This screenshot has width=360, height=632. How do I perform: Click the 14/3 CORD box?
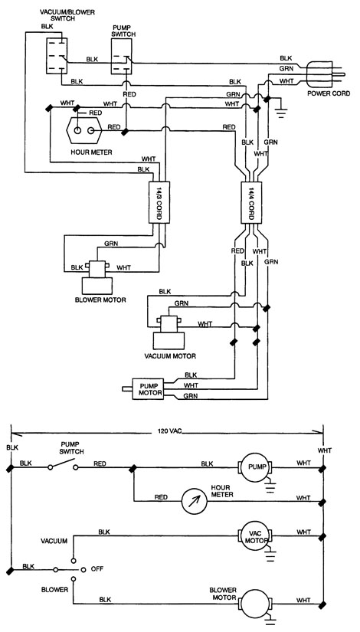[x=159, y=202]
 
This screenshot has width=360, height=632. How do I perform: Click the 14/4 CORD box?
[x=251, y=202]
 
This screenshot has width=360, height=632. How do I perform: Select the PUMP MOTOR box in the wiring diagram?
[x=148, y=388]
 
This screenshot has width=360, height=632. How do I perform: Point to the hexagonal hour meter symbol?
[x=83, y=129]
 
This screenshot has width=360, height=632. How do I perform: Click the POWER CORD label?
[x=329, y=93]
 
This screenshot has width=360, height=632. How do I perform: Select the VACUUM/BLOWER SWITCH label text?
[x=67, y=16]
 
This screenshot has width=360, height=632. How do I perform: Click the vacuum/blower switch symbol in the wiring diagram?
[x=57, y=56]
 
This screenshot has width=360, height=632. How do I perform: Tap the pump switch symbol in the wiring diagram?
[x=121, y=56]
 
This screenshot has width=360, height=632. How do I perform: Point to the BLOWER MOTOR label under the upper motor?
[x=100, y=300]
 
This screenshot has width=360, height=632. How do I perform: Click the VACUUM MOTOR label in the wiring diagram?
[x=170, y=356]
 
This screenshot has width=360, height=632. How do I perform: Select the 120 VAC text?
[x=170, y=431]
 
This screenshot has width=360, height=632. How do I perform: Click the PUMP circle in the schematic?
[x=257, y=467]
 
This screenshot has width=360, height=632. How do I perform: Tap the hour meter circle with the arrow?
[x=194, y=500]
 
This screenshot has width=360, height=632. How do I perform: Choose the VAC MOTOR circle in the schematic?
[x=257, y=536]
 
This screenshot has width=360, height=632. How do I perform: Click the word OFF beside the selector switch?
[x=97, y=568]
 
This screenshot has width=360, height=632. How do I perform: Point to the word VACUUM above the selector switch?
[x=54, y=541]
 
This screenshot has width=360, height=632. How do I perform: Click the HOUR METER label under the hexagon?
[x=91, y=152]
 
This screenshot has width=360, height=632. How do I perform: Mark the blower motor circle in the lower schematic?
[x=257, y=604]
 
